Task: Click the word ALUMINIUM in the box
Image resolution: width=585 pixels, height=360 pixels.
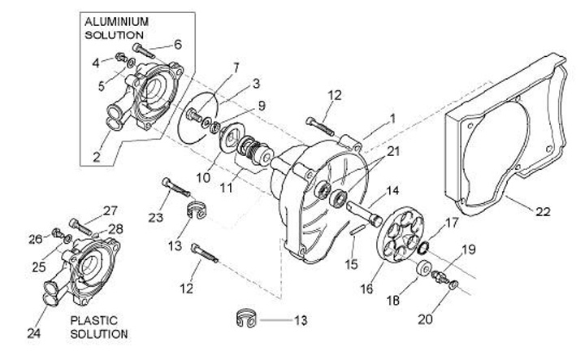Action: (116, 22)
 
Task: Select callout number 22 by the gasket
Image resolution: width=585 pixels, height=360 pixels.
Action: (543, 212)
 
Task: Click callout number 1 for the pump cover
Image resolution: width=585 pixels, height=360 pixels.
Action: (392, 119)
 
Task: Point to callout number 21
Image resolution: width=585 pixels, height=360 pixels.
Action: (393, 151)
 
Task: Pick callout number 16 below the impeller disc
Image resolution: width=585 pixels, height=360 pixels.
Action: (366, 288)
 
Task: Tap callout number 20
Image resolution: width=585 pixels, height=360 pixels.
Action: (425, 319)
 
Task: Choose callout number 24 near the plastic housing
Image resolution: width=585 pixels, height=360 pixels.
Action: (33, 333)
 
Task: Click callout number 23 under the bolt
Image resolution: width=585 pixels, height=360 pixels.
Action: (155, 217)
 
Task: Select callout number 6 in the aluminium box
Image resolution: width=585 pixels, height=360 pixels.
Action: (178, 45)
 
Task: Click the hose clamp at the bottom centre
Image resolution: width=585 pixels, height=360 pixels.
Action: (246, 319)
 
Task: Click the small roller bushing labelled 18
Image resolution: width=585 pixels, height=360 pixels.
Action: (425, 268)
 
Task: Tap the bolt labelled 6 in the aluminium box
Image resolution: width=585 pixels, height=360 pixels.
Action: (144, 51)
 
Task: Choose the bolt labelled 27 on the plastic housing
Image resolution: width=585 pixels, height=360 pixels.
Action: (80, 227)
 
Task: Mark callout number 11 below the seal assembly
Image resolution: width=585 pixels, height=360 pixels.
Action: (226, 187)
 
